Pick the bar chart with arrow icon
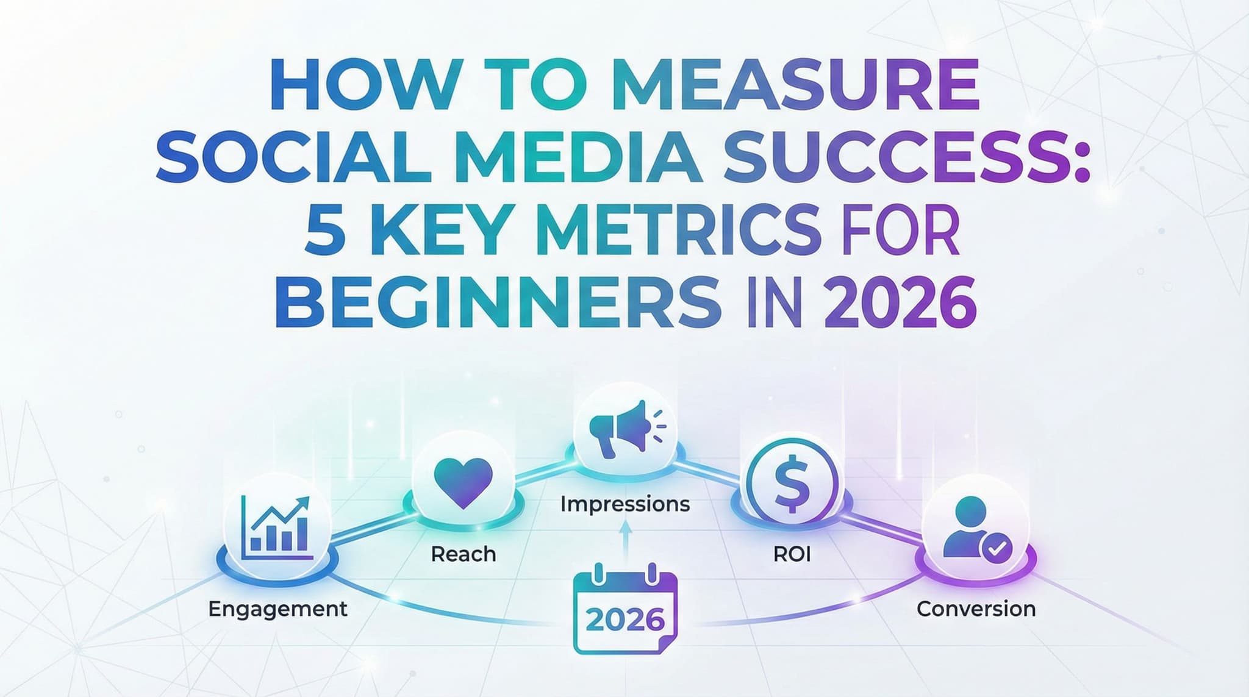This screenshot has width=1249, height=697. [x=277, y=527]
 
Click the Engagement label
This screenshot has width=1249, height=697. [x=277, y=609]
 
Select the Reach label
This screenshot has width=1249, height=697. [x=463, y=554]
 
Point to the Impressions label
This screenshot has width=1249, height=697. [x=625, y=504]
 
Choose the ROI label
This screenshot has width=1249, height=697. [x=792, y=554]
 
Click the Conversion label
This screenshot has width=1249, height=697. [x=976, y=609]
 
